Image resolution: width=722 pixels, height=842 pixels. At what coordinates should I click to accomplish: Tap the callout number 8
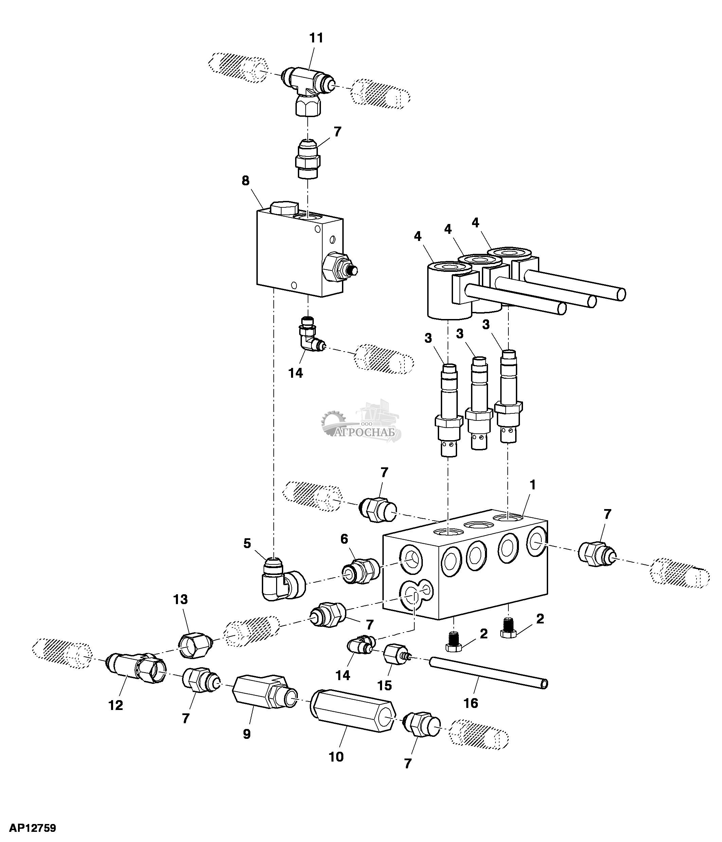click(x=246, y=181)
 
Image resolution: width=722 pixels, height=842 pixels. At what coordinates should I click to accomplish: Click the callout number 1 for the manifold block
click(x=533, y=485)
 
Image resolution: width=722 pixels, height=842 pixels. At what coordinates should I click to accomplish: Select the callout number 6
click(x=344, y=539)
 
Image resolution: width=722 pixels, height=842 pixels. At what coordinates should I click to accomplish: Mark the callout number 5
click(x=247, y=543)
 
